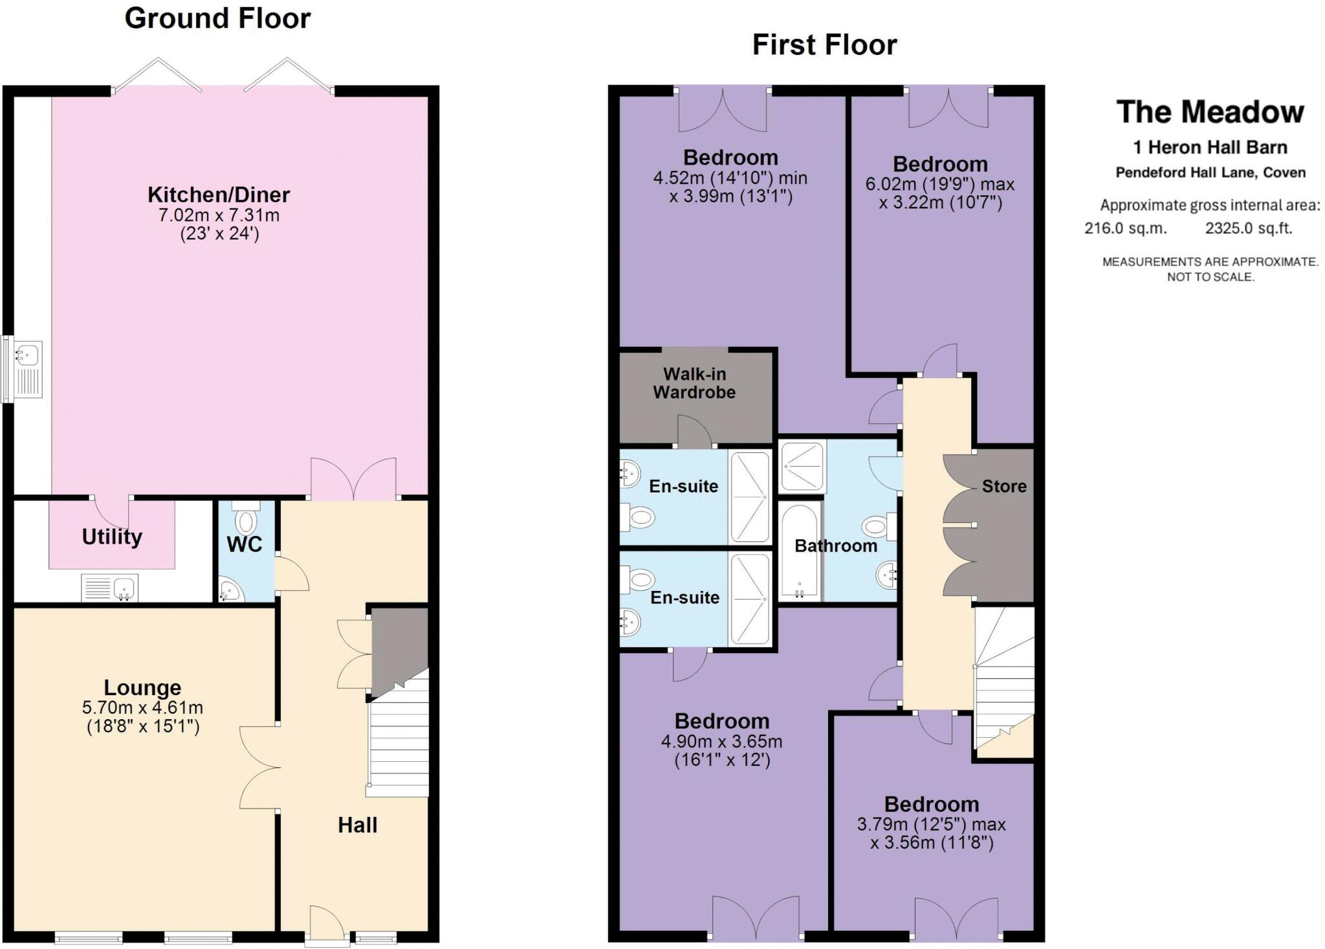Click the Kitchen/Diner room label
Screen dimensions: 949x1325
[x=219, y=194]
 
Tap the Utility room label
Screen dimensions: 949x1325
[x=112, y=537]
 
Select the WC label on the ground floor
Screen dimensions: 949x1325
[x=245, y=544]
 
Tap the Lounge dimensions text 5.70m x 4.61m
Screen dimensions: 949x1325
[x=143, y=708]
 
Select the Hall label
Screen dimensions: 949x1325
[x=357, y=825]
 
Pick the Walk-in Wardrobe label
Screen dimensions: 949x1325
[x=694, y=383]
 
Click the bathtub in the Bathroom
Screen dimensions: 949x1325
[x=800, y=551]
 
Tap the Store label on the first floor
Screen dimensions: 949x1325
[x=1004, y=486]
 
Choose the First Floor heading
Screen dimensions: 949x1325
[x=824, y=45]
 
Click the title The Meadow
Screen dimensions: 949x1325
[x=1210, y=112]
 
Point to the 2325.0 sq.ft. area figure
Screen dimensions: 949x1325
[x=1249, y=228]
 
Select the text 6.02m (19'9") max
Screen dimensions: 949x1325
[x=940, y=184]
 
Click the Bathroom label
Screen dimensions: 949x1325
[x=836, y=546]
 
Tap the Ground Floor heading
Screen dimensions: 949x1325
[x=217, y=18]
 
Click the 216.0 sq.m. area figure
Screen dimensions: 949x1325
[x=1126, y=228]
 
